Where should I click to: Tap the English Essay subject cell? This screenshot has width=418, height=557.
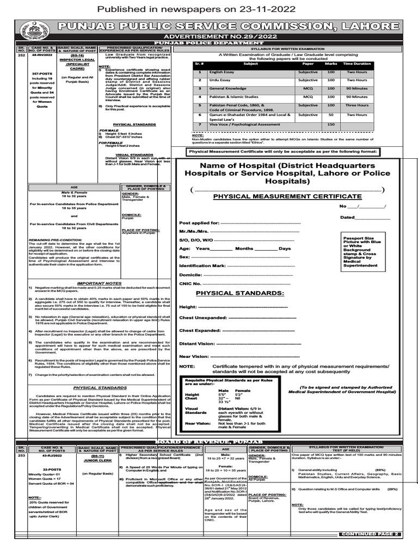coord(221,72)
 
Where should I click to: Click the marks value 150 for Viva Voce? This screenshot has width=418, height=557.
coord(330,125)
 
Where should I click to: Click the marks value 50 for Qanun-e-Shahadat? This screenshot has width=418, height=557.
coord(330,115)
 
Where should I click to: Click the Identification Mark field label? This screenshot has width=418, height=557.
coord(202,265)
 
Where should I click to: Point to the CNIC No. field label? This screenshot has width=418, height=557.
coord(190,283)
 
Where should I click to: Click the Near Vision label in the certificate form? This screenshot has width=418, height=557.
coord(194,356)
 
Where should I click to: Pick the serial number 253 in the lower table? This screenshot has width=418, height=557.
coord(21,454)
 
